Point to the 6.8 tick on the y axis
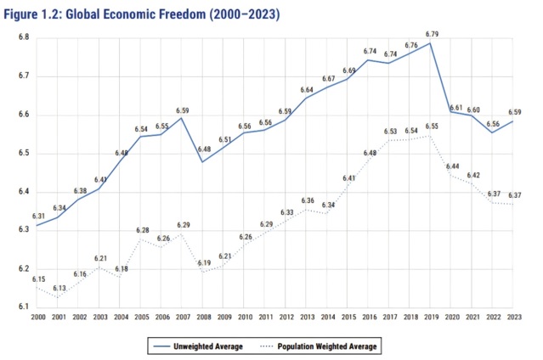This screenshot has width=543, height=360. tap(25, 38)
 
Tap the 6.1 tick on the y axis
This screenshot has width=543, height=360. tap(25, 307)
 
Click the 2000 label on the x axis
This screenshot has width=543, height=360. tap(37, 316)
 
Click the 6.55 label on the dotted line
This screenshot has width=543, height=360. tap(433, 127)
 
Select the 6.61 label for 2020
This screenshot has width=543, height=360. tap(455, 108)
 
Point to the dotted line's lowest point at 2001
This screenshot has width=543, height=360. tap(59, 296)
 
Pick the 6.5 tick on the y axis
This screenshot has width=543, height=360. tap(25, 154)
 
